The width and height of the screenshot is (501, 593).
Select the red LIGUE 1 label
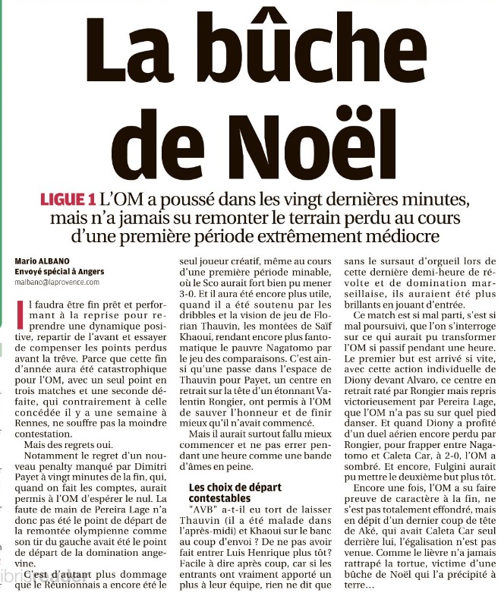(x=68, y=200)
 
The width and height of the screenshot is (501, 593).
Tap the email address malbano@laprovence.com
(x=57, y=282)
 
